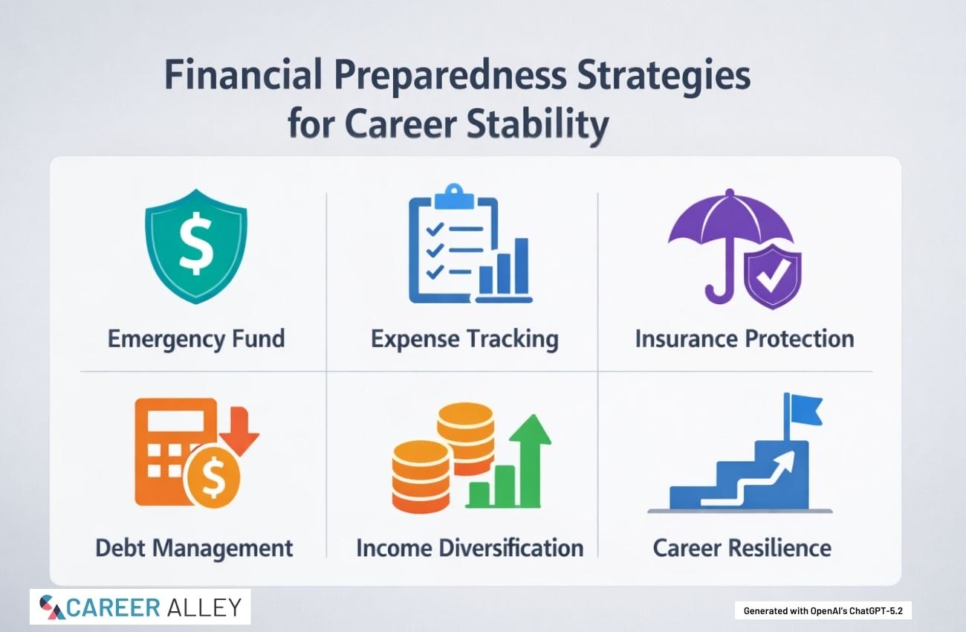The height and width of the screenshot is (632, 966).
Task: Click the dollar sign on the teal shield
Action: [196, 243]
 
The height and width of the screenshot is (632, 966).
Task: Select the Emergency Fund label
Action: [196, 339]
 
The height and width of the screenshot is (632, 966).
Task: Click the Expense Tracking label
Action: [465, 339]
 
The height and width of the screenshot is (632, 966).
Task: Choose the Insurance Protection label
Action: [745, 339]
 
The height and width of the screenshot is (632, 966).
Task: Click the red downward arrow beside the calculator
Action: [240, 431]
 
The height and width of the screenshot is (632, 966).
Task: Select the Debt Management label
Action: [194, 548]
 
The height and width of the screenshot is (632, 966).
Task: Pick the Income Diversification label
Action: [470, 548]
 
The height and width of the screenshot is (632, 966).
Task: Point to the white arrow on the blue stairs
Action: [748, 479]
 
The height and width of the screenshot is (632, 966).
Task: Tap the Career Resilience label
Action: [742, 548]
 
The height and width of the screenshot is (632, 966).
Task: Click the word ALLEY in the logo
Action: [204, 607]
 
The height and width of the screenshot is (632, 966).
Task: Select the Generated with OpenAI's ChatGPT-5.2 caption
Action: [823, 611]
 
